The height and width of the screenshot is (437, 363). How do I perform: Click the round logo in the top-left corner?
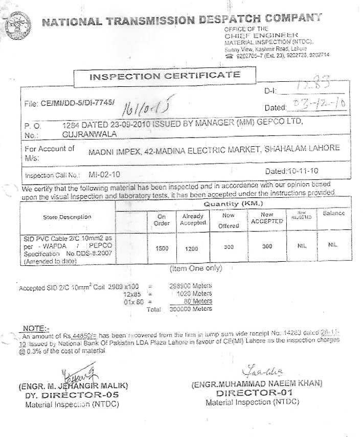pyautogui.click(x=18, y=24)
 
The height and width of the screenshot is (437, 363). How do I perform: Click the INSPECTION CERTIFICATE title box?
pyautogui.click(x=165, y=76)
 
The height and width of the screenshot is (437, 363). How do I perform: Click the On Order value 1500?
pyautogui.click(x=162, y=247)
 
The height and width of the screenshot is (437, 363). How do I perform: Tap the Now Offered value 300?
pyautogui.click(x=229, y=247)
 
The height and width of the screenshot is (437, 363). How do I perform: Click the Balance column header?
pyautogui.click(x=333, y=213)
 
